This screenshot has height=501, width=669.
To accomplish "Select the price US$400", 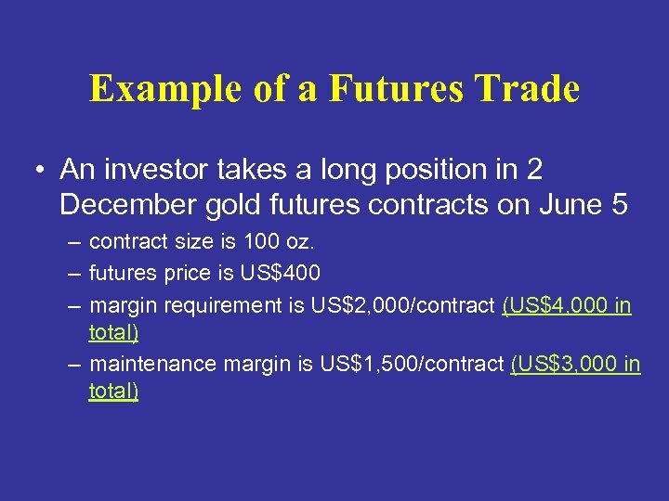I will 278,274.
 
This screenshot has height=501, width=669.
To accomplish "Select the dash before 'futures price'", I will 73,274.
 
